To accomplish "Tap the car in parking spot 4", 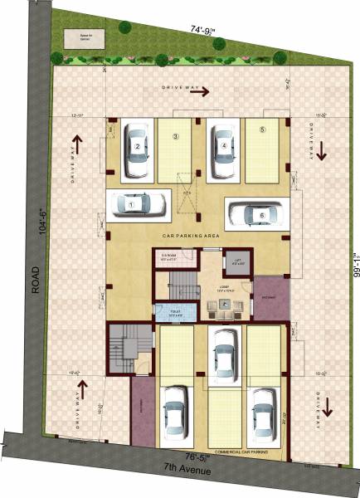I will (223, 150).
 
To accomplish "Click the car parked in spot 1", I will (138, 202).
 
